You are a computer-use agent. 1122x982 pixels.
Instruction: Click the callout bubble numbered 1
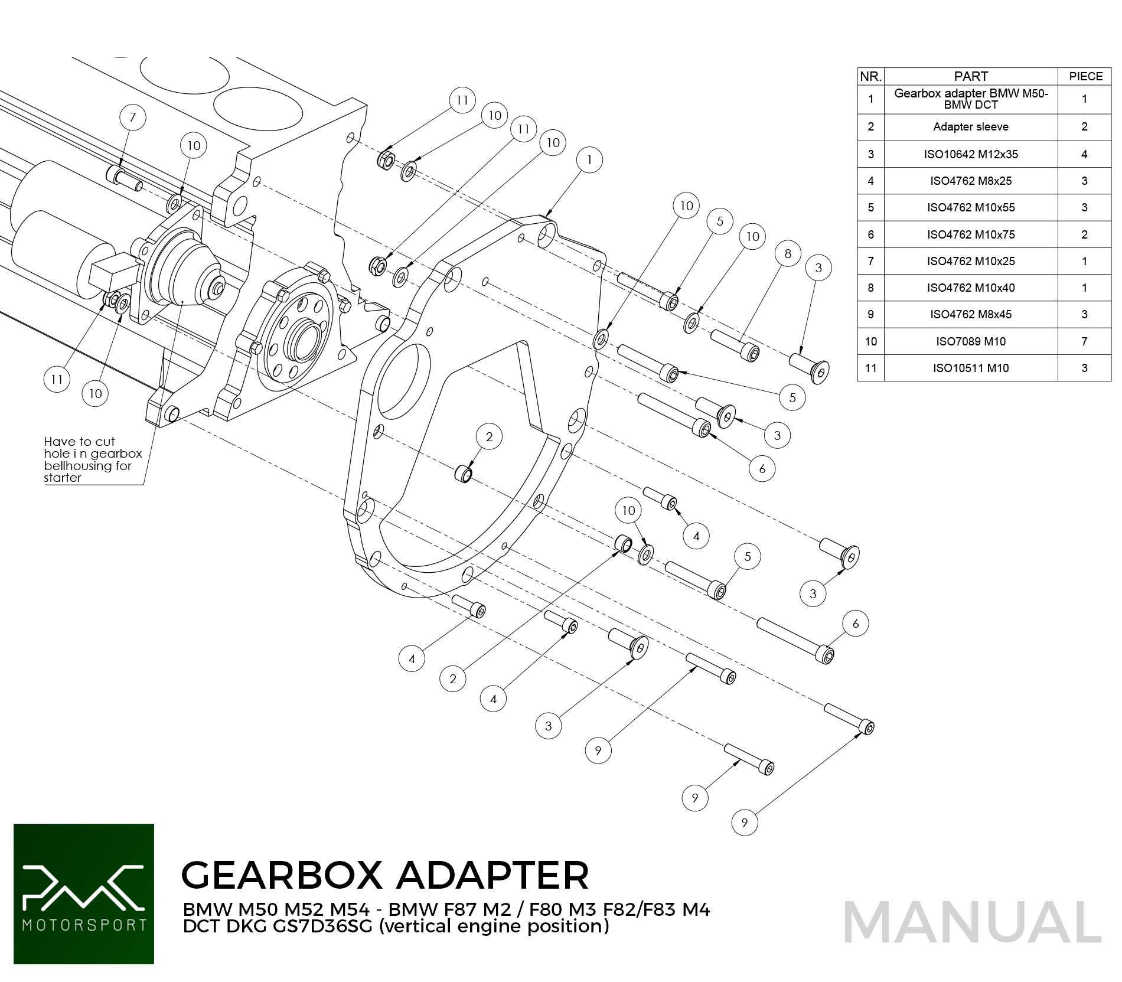point(589,159)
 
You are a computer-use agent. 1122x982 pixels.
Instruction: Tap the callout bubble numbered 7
point(133,117)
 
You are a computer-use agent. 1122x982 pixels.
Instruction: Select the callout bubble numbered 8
point(788,253)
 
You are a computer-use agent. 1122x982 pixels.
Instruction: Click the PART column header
point(971,76)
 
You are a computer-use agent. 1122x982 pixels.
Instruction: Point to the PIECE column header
point(1085,76)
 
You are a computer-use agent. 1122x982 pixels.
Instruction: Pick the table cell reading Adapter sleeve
point(971,127)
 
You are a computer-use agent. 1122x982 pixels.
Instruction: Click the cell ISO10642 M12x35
point(971,154)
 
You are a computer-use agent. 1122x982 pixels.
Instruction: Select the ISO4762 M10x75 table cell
point(971,234)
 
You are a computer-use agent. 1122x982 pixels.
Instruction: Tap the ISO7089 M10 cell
point(971,341)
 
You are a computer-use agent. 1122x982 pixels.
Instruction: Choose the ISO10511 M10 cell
point(971,368)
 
